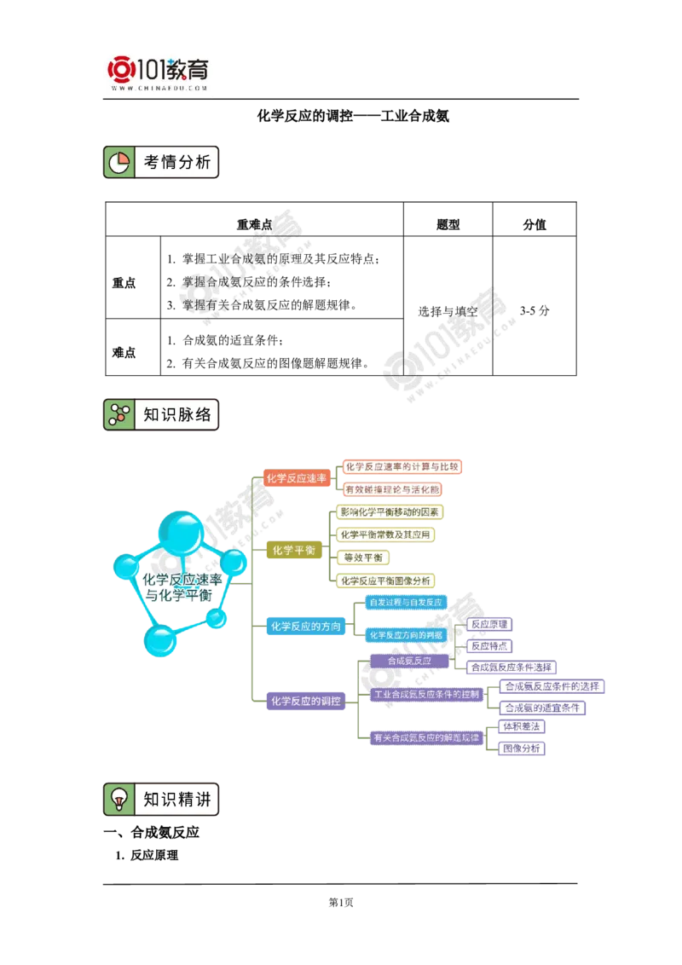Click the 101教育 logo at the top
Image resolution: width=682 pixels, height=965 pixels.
tap(160, 73)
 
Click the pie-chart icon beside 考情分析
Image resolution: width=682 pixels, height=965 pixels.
tap(119, 161)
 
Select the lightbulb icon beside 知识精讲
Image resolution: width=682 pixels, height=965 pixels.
tap(119, 799)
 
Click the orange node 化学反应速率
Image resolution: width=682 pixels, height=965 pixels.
tap(296, 478)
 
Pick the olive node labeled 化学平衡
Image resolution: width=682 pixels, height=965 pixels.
tap(293, 550)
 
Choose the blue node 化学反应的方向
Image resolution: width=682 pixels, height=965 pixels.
tap(305, 627)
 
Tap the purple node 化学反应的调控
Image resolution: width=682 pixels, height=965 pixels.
tap(305, 702)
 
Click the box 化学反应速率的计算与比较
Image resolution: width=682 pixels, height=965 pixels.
tap(402, 466)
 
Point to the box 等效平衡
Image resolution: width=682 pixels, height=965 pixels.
tap(362, 558)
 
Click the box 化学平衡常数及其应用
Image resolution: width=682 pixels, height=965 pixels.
tap(384, 535)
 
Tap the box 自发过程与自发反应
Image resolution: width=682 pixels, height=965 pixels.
tap(405, 603)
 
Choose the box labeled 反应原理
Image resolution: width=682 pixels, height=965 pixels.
tap(489, 624)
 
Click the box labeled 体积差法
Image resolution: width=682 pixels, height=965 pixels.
tap(522, 726)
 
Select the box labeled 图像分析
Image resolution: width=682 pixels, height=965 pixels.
tap(522, 748)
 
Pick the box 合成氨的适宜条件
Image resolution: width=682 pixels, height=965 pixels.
tap(542, 708)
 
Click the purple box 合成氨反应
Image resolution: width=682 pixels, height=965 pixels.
tap(409, 661)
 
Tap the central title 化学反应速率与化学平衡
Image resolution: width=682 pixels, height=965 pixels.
tap(182, 587)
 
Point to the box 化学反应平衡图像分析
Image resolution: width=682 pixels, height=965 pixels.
tap(385, 581)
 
